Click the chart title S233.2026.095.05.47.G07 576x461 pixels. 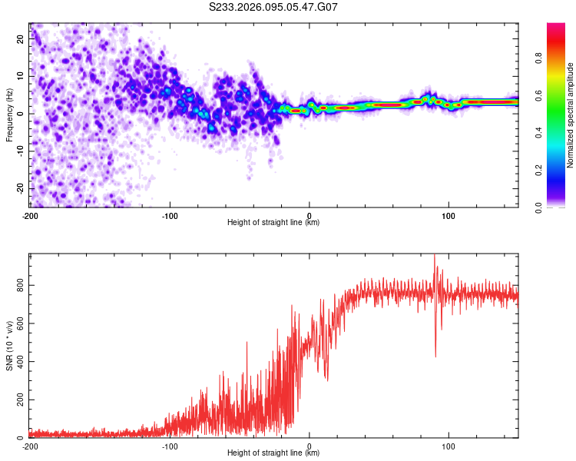tap(274, 7)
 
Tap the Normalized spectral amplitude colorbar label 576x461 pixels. tap(570, 115)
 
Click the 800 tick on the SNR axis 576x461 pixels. tap(18, 285)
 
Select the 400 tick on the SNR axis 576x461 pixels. tap(18, 362)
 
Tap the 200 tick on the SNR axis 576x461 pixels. tap(18, 400)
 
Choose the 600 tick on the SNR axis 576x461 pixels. tap(18, 323)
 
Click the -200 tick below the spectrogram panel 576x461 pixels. tap(29, 214)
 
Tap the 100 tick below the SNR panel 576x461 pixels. tap(449, 446)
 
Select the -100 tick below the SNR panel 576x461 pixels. tap(170, 446)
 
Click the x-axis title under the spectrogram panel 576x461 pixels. tap(273, 223)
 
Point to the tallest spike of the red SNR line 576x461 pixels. tap(435, 256)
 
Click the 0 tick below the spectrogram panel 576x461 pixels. tap(310, 214)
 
